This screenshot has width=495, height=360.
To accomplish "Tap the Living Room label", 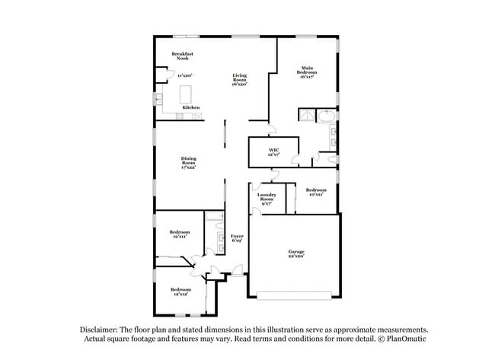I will pos(239,79).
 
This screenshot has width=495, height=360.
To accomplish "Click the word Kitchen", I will pos(191,108).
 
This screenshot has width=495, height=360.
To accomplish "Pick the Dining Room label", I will pos(188,162).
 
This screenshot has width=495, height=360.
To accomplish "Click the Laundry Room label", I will pos(267,199).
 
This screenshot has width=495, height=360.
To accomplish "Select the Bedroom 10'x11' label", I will pos(315,192).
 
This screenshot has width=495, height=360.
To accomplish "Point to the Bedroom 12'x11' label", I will pos(180,234).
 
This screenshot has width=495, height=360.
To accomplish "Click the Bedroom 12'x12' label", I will pos(180,292).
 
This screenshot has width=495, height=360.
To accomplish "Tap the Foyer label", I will pos(237,238).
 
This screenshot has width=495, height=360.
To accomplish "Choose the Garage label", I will pos(295,253).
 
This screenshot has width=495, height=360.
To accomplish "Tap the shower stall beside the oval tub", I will pos(306,116).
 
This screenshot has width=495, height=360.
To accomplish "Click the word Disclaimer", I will pos(99,330).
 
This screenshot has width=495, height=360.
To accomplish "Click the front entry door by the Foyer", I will pos(238,271).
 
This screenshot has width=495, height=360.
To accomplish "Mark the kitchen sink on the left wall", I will pos(161,100).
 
